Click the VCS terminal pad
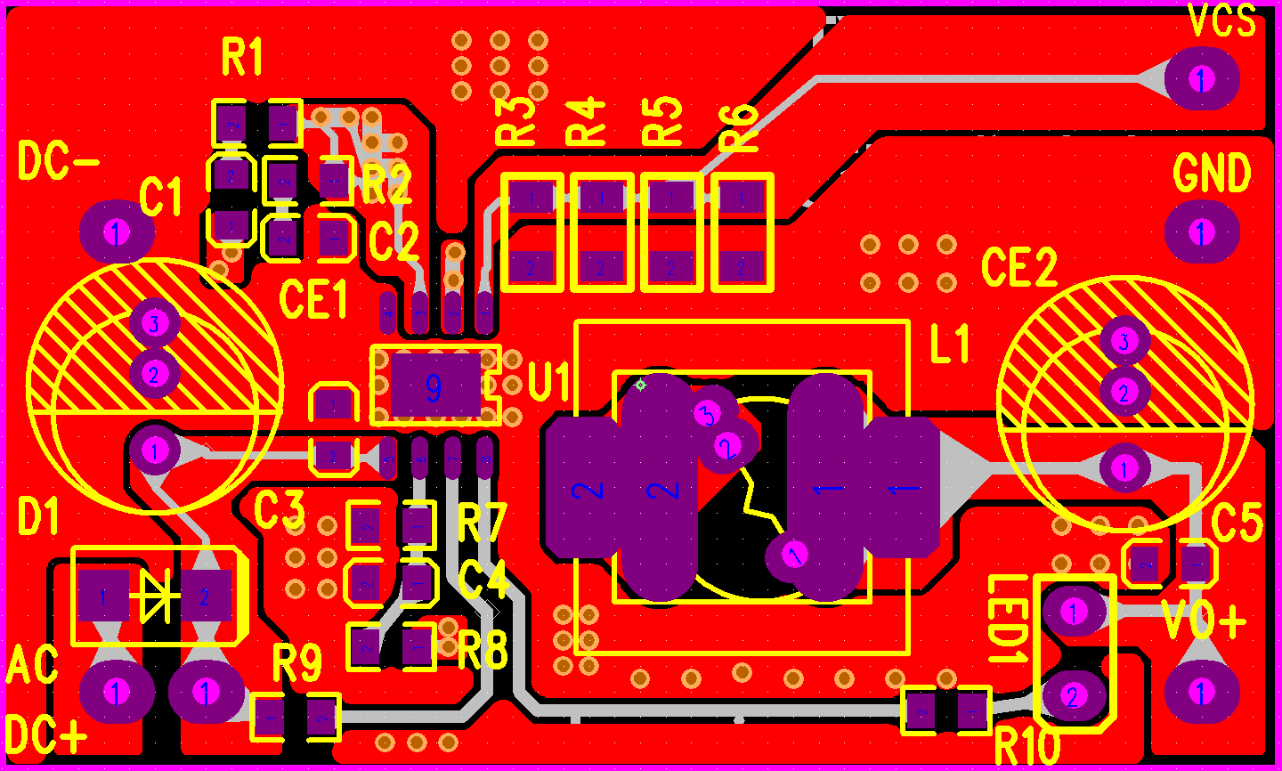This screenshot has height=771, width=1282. [1201, 79]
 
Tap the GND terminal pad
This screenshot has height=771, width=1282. [1201, 232]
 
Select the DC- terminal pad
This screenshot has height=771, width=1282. [117, 232]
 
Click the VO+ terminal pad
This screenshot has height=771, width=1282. [1201, 692]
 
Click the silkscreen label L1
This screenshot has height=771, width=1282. [950, 344]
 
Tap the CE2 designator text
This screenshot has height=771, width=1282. [1019, 266]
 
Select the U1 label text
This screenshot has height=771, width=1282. [549, 382]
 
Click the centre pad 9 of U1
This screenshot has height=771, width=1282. [434, 387]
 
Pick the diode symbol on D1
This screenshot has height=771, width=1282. [155, 596]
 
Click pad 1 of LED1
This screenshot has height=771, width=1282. [1074, 612]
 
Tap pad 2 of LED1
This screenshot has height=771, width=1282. [1073, 696]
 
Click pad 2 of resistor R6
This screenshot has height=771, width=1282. [742, 265]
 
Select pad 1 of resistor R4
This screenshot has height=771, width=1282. [601, 198]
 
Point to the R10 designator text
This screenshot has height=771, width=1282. [1026, 746]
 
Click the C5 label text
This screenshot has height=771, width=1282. [1237, 523]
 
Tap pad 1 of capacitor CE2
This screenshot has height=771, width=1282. [1124, 468]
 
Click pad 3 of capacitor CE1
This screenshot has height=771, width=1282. [154, 322]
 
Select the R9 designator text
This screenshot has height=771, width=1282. [296, 662]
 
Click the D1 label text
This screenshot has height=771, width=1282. [38, 517]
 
